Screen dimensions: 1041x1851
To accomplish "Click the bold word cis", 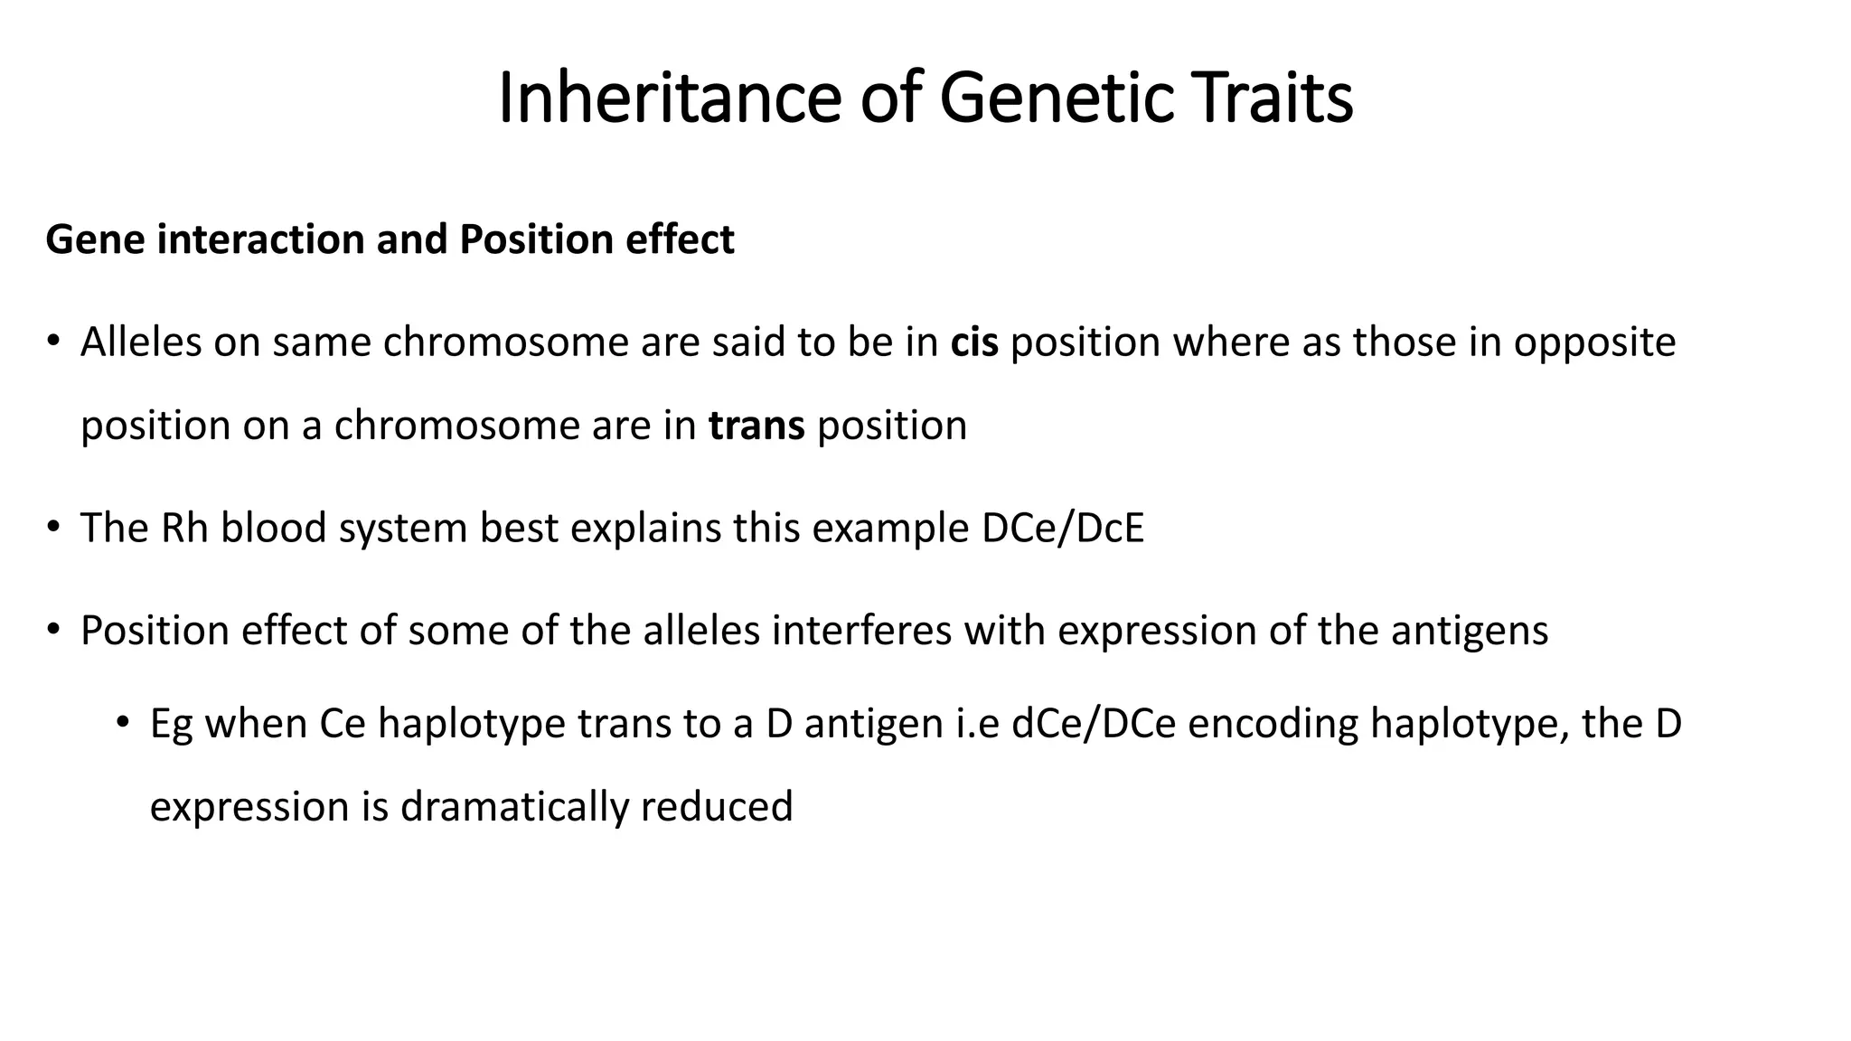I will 973,342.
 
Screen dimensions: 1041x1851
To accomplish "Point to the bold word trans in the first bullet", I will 756,426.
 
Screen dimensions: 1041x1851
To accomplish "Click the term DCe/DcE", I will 1063,529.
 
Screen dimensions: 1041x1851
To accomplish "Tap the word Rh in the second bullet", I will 184,529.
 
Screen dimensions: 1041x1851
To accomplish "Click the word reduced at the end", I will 716,807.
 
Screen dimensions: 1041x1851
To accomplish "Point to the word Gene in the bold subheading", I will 96,240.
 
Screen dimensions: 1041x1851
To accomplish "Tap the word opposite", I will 1594,342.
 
